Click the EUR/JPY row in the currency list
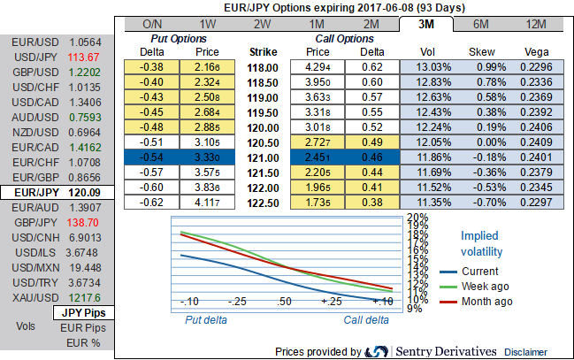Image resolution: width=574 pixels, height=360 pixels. pyautogui.click(x=57, y=192)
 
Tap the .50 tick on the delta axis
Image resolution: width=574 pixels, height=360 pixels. pyautogui.click(x=284, y=302)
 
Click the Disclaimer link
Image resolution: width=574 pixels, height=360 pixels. pyautogui.click(x=526, y=351)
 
